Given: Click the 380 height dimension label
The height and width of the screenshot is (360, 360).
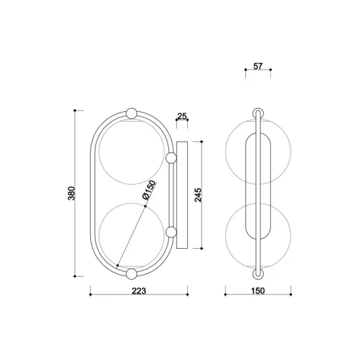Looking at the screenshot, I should [72, 194].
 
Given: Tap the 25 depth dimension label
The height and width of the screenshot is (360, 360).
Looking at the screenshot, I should [182, 117].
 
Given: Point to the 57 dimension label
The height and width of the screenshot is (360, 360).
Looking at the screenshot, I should [257, 67].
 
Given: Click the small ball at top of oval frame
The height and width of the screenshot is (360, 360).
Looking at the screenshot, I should [132, 112].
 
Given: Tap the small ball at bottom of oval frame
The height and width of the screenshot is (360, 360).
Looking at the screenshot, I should [132, 273].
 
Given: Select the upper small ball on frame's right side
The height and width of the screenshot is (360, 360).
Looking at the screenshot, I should [171, 157].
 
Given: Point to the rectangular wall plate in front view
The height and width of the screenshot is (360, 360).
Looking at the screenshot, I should [181, 194].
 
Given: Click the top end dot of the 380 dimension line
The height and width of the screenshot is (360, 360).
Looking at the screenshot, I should [77, 111].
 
